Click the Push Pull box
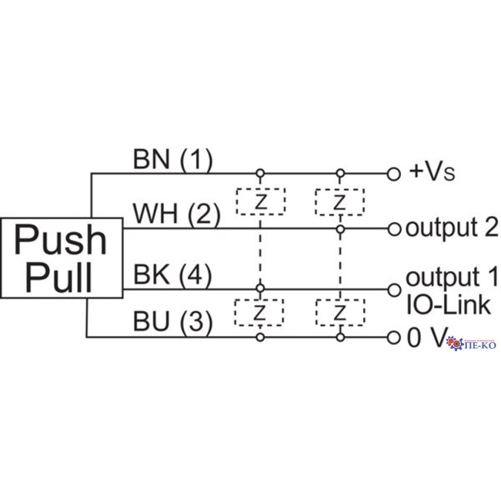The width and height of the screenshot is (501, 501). tap(62, 258)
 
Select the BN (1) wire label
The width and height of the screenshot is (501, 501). tap(173, 158)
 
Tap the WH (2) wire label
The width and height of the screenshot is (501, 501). tap(177, 215)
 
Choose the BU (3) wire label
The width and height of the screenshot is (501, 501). tap(173, 322)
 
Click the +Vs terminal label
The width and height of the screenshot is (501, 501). tap(431, 172)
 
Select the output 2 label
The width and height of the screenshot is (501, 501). tap(451, 228)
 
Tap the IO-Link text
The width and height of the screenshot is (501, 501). tap(448, 304)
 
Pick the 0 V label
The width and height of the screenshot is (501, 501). tap(426, 338)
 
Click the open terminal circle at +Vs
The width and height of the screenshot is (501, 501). tap(394, 174)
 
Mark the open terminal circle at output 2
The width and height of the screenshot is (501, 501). tap(394, 229)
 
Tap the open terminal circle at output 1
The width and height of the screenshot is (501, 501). tap(394, 289)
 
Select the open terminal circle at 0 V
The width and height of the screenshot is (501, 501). tap(394, 338)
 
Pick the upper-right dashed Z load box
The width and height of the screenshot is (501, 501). tap(340, 202)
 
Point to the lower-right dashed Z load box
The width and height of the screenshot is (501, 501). tap(340, 312)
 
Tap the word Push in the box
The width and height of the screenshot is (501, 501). tap(62, 240)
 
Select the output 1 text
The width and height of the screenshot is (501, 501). tap(451, 279)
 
